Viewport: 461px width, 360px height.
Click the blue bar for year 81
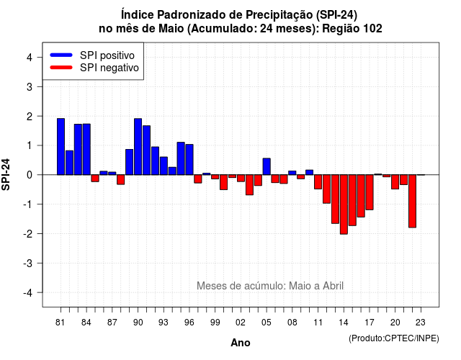pos(61,147)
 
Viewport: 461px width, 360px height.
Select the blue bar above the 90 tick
pos(138,147)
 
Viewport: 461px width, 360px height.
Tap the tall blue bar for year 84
pos(86,149)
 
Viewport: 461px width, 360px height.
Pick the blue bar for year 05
pos(267,166)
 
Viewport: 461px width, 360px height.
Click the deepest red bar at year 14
pos(344,204)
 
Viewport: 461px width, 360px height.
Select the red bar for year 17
pos(370,192)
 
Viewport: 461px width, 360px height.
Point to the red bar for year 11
pos(318,181)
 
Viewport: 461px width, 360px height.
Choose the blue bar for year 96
pos(189,160)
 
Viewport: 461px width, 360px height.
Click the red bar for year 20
pos(395,181)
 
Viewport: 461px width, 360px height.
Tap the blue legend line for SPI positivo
pos(61,55)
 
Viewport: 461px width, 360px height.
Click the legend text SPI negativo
pos(109,68)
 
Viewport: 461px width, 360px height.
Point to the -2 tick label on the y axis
pos(29,233)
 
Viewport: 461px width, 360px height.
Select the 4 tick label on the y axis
pos(30,58)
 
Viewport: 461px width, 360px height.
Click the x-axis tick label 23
pos(421,323)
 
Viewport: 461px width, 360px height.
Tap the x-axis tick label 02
pos(241,323)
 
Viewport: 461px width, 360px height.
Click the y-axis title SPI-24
pos(6,174)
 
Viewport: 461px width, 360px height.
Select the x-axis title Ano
pos(241,343)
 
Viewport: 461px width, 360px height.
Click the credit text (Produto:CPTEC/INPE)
pos(394,338)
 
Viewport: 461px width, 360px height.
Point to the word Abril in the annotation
pos(333,286)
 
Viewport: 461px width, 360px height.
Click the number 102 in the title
pos(372,29)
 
